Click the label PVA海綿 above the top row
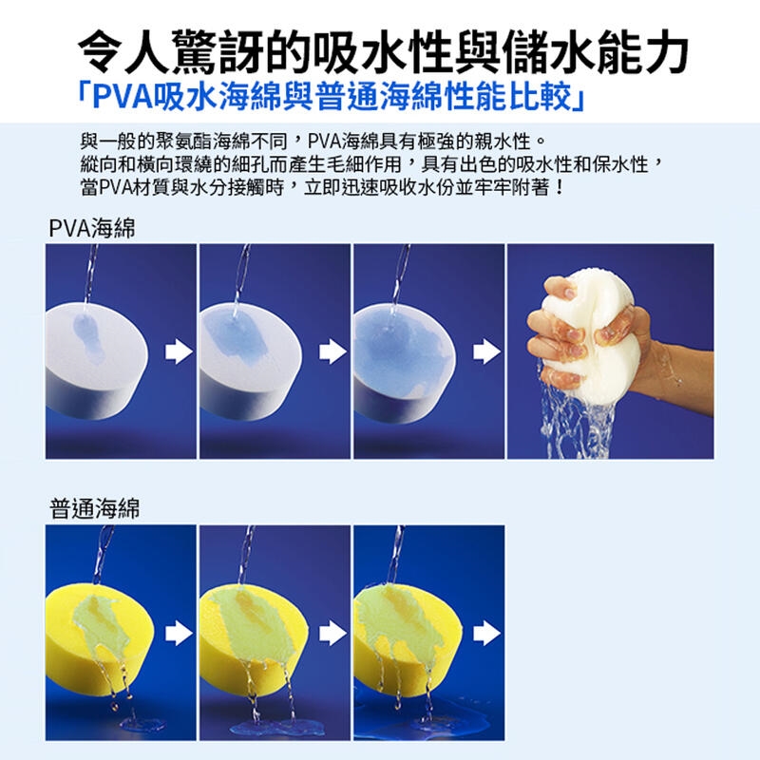coord(92,228)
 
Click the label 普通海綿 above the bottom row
coord(94,508)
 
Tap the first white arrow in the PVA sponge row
coord(179,351)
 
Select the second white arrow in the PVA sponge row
coord(332,351)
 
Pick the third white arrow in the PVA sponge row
coord(486,351)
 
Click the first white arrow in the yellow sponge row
coord(179,633)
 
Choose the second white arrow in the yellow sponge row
coord(332,633)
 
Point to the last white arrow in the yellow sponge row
coord(486,633)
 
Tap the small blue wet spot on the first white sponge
coord(88,338)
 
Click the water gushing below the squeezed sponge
coord(577,422)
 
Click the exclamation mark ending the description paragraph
coord(560,187)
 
